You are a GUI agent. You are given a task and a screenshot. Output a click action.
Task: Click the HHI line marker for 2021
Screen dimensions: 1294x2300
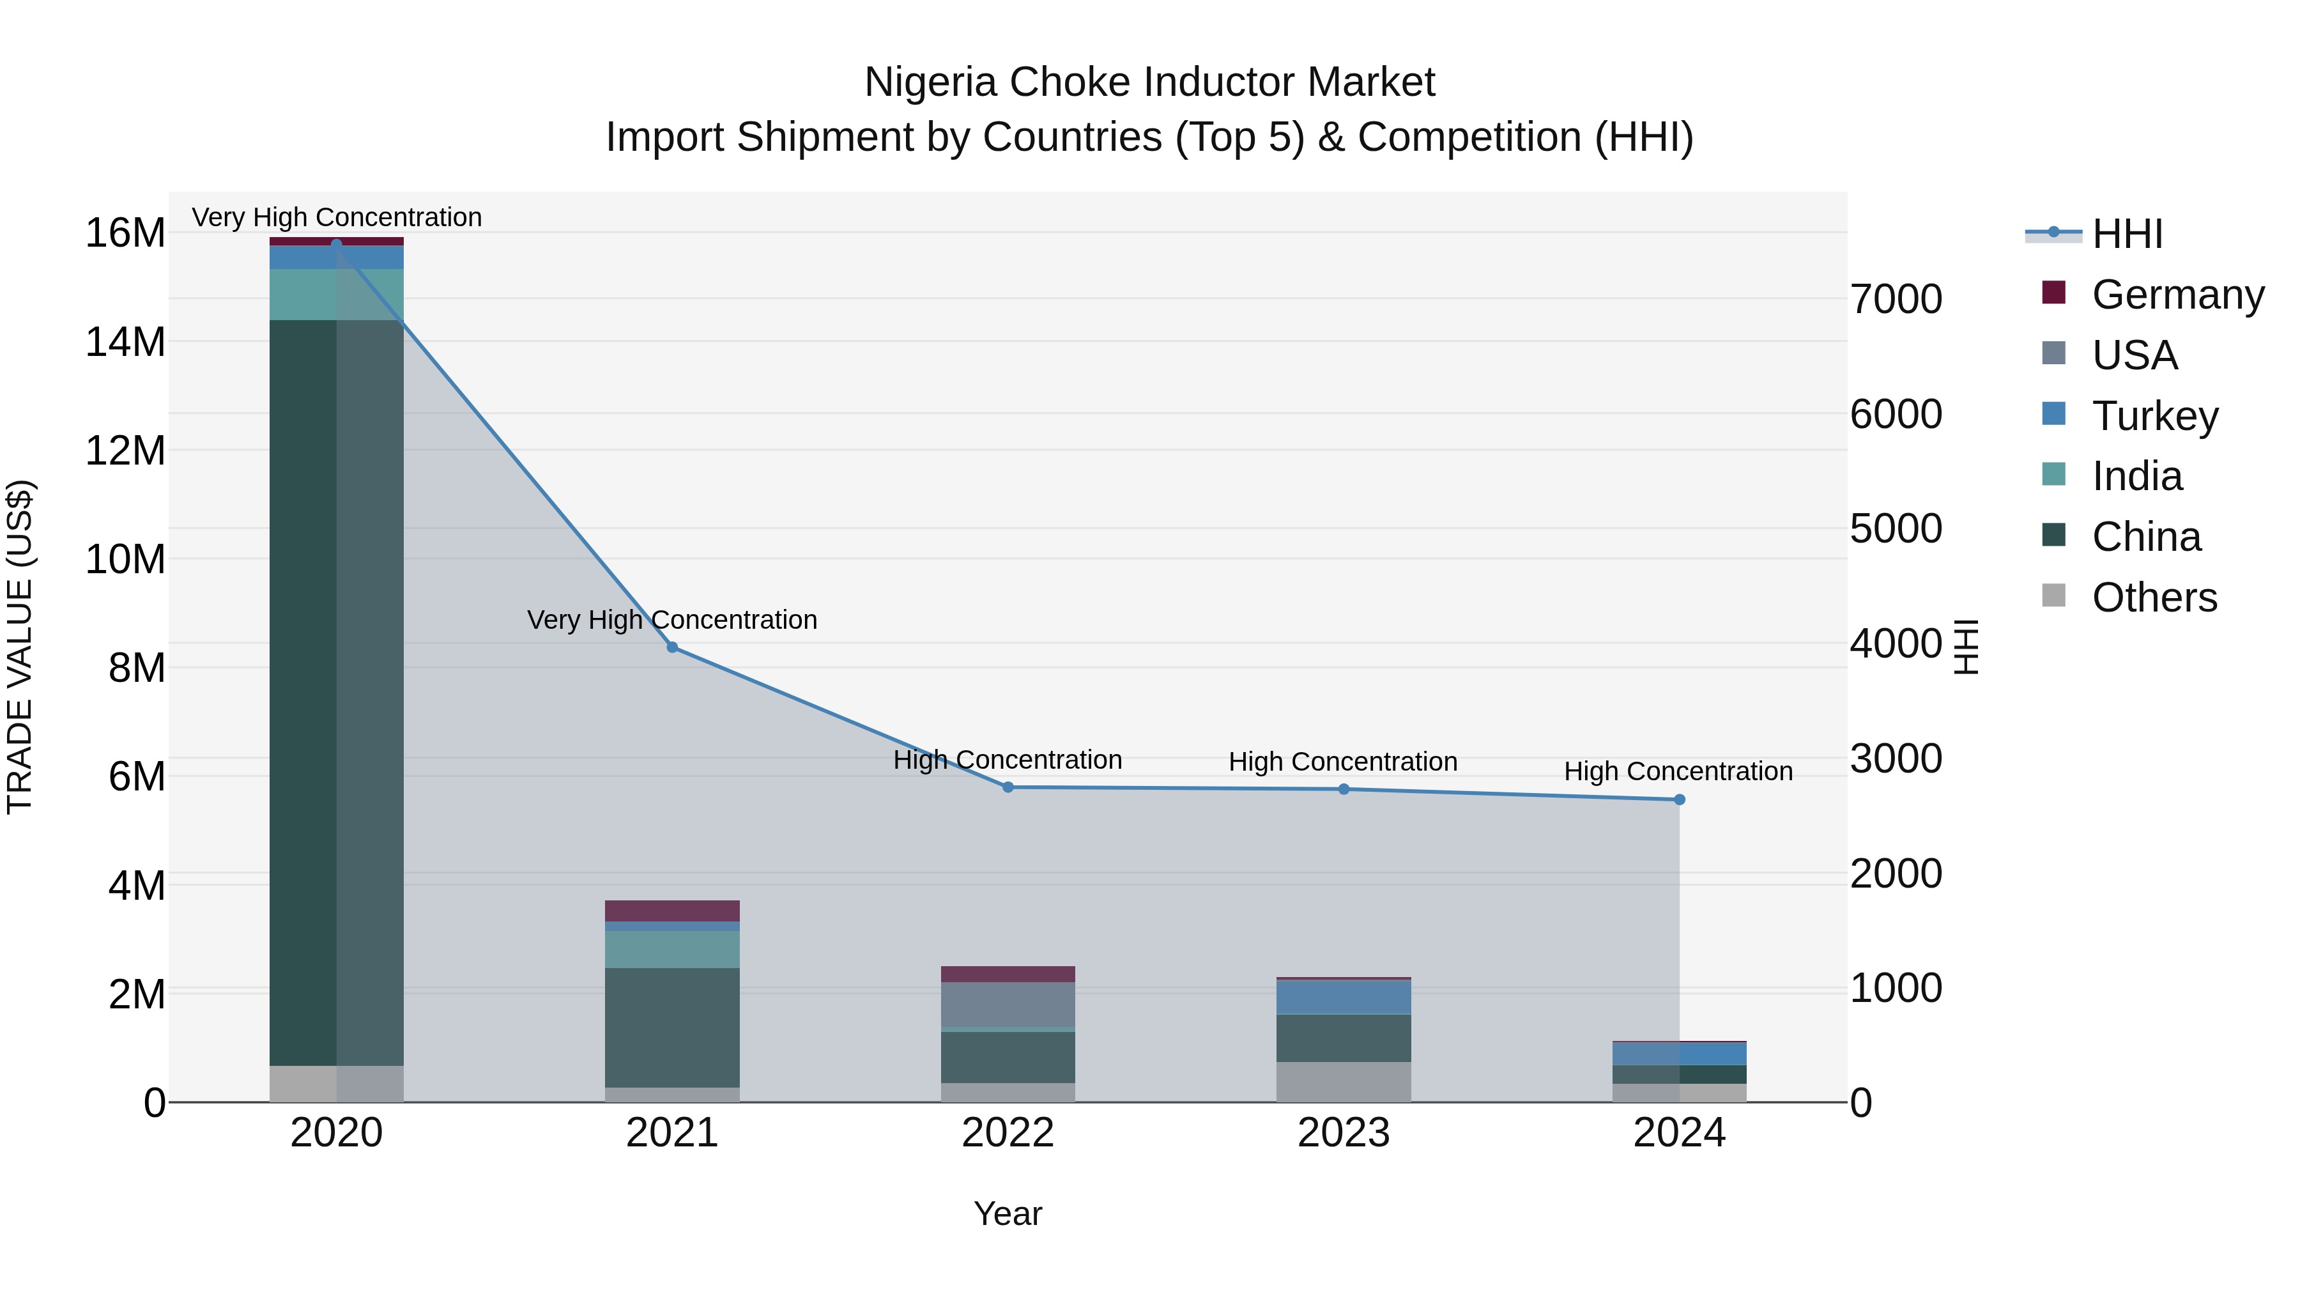tap(672, 647)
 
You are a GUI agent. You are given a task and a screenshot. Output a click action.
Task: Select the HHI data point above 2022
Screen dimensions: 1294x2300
tap(1008, 787)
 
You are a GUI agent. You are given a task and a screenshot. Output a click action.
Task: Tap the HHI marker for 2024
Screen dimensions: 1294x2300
tap(1680, 799)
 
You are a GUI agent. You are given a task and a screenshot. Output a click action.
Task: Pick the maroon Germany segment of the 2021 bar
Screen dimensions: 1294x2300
tap(672, 910)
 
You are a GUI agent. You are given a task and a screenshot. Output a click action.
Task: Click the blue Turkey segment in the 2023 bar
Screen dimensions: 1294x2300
tap(1344, 997)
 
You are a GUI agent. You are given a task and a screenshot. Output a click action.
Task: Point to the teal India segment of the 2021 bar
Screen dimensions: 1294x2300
tap(672, 950)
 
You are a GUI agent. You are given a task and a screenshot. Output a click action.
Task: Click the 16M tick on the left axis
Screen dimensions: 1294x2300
tap(125, 234)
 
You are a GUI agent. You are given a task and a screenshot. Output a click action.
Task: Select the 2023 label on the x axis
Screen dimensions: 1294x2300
tap(1344, 1133)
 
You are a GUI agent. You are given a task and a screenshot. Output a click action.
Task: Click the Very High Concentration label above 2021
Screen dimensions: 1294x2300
tap(672, 620)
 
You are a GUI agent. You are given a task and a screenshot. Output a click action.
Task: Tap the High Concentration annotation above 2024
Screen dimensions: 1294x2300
tap(1678, 771)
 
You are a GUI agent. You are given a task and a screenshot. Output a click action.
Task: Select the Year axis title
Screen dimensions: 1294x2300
tap(1008, 1213)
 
